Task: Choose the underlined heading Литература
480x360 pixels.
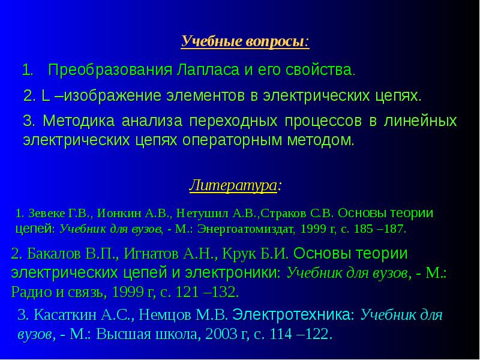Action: coord(233,185)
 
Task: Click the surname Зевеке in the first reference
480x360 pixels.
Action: coord(43,213)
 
